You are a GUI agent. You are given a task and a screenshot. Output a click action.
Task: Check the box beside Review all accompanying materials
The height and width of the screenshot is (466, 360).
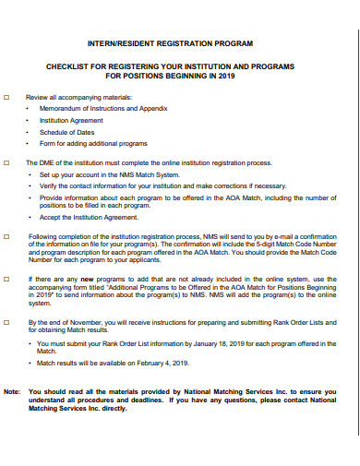click(x=8, y=97)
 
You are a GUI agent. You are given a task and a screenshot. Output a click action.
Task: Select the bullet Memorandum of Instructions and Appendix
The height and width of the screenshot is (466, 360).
click(x=102, y=109)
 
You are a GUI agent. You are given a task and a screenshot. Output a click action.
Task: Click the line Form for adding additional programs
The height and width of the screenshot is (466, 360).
click(x=92, y=143)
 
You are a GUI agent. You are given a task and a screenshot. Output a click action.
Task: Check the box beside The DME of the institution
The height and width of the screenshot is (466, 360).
click(x=8, y=161)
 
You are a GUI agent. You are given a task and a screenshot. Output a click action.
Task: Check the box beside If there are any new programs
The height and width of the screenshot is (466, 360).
click(x=8, y=278)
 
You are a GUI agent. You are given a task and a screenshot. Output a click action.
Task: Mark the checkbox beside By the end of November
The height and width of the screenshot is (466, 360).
click(x=8, y=322)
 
